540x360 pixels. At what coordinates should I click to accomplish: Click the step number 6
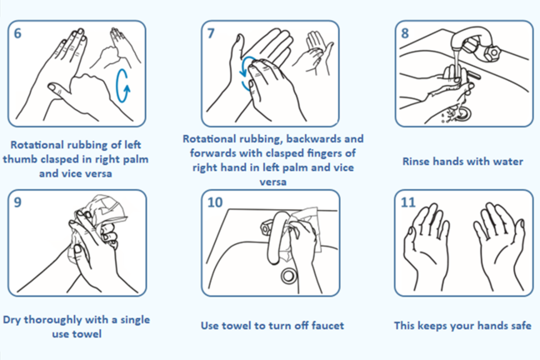coord(17,33)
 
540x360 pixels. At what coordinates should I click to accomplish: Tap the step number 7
coord(211,33)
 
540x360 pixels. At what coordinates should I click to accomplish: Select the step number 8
coord(405,33)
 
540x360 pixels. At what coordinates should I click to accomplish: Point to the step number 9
coord(17,202)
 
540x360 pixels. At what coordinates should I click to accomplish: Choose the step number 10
coord(215,202)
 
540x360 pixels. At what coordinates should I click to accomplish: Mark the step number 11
coord(408,202)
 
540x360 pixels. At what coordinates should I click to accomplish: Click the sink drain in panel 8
coord(462,113)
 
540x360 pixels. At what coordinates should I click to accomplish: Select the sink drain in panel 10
coord(288,275)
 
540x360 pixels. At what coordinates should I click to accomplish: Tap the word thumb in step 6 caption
coord(20,159)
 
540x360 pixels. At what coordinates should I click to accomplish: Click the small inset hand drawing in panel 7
coord(313,52)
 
